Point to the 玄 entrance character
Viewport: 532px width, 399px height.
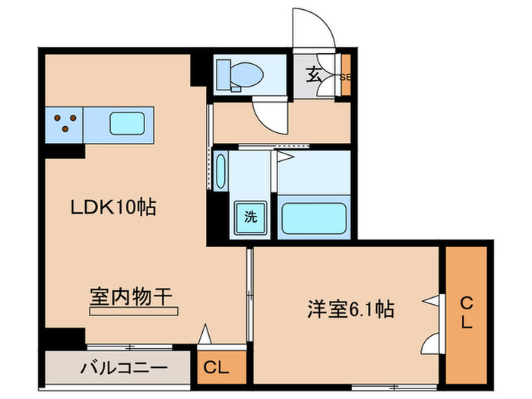click(x=315, y=74)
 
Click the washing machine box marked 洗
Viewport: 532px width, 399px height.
click(x=249, y=216)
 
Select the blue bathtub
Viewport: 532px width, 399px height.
click(x=314, y=218)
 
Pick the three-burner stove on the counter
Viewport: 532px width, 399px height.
click(x=65, y=122)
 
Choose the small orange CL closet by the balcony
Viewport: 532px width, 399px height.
click(x=217, y=368)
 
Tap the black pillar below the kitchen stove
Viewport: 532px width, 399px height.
click(x=63, y=150)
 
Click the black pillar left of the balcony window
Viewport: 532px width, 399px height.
click(x=64, y=338)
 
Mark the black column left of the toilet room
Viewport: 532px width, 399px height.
click(x=200, y=68)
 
